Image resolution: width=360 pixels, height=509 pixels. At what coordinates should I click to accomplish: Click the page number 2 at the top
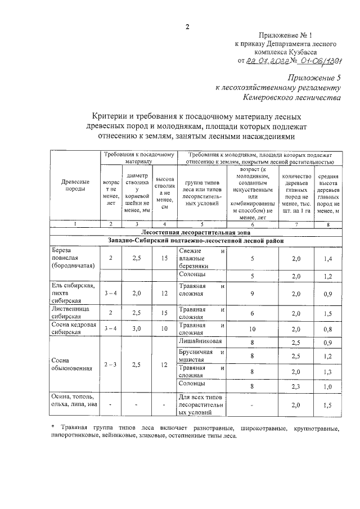(x=187, y=26)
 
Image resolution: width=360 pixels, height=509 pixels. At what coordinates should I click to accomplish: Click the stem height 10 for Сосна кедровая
(x=164, y=328)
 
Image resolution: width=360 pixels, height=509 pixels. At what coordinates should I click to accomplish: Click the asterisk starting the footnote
(x=52, y=428)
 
